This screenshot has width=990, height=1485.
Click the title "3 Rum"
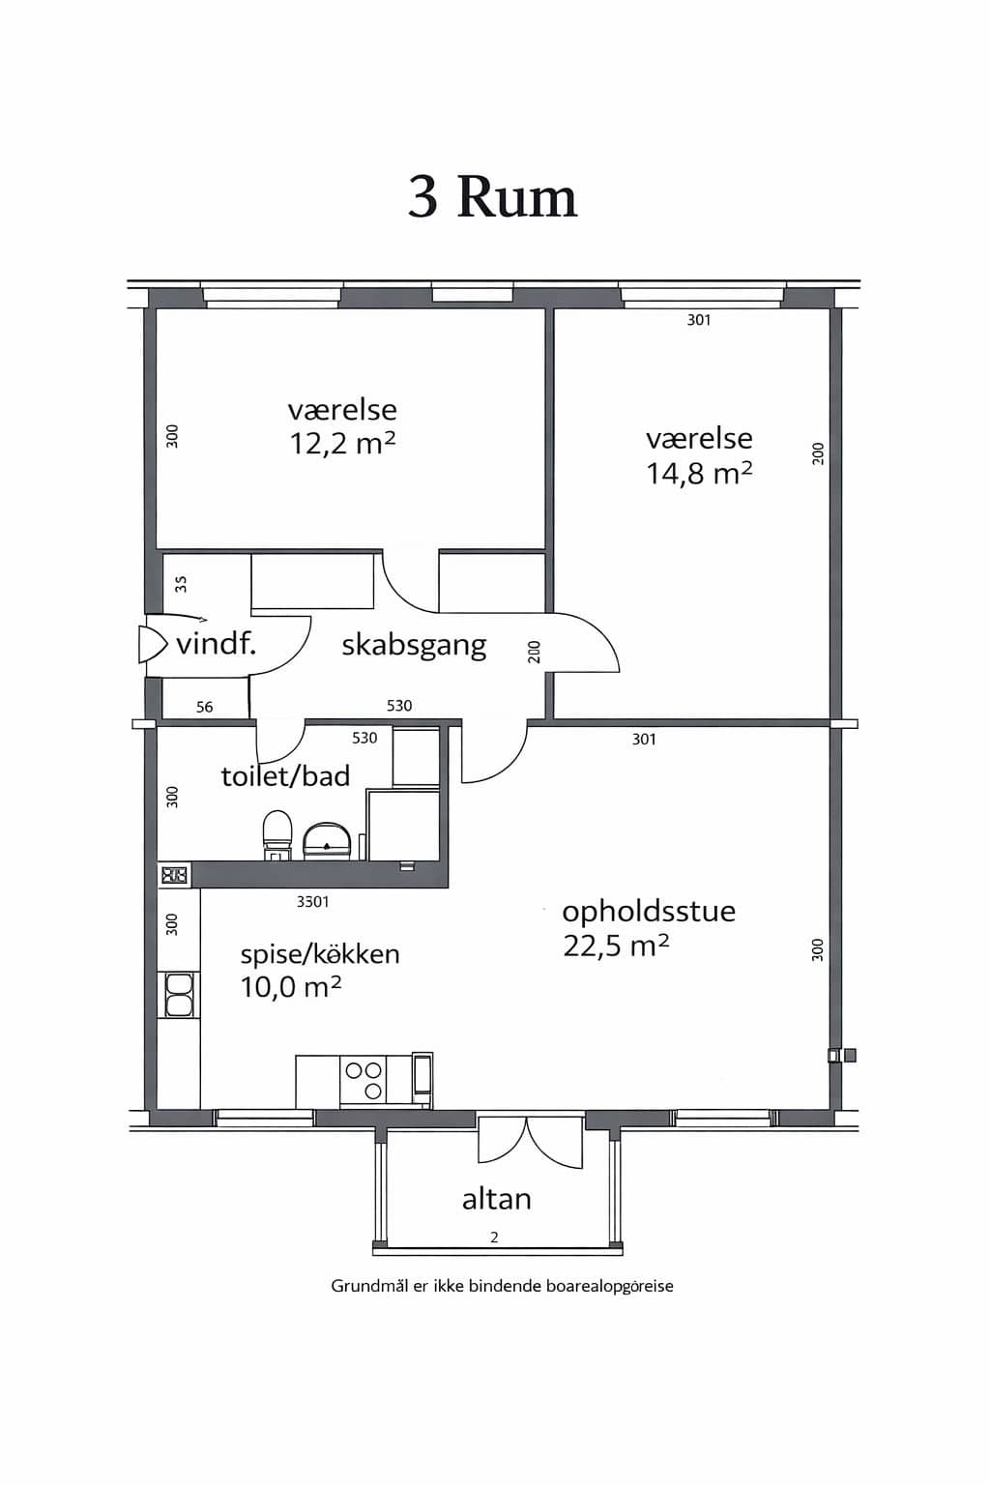coord(493,197)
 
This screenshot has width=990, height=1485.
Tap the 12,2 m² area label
coord(342,443)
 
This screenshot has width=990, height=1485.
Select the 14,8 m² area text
coord(699,473)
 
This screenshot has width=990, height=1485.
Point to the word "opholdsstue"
coord(649,913)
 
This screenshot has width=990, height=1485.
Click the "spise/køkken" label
coord(320,954)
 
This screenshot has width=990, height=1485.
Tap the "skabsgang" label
coord(415,645)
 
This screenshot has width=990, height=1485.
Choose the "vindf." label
coord(217,644)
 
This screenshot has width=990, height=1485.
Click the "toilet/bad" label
coord(285,775)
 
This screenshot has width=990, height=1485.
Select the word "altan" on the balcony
coord(497,1199)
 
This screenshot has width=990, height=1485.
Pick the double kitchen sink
coord(178,995)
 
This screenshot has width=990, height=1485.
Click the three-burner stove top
coord(364,1081)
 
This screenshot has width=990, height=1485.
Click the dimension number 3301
coord(312,902)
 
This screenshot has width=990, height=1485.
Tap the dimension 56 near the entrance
coord(204,707)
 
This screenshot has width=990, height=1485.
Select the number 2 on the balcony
coord(494,1237)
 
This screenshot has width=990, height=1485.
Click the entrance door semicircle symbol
coord(152,644)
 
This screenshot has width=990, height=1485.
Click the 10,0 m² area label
coord(290,987)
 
